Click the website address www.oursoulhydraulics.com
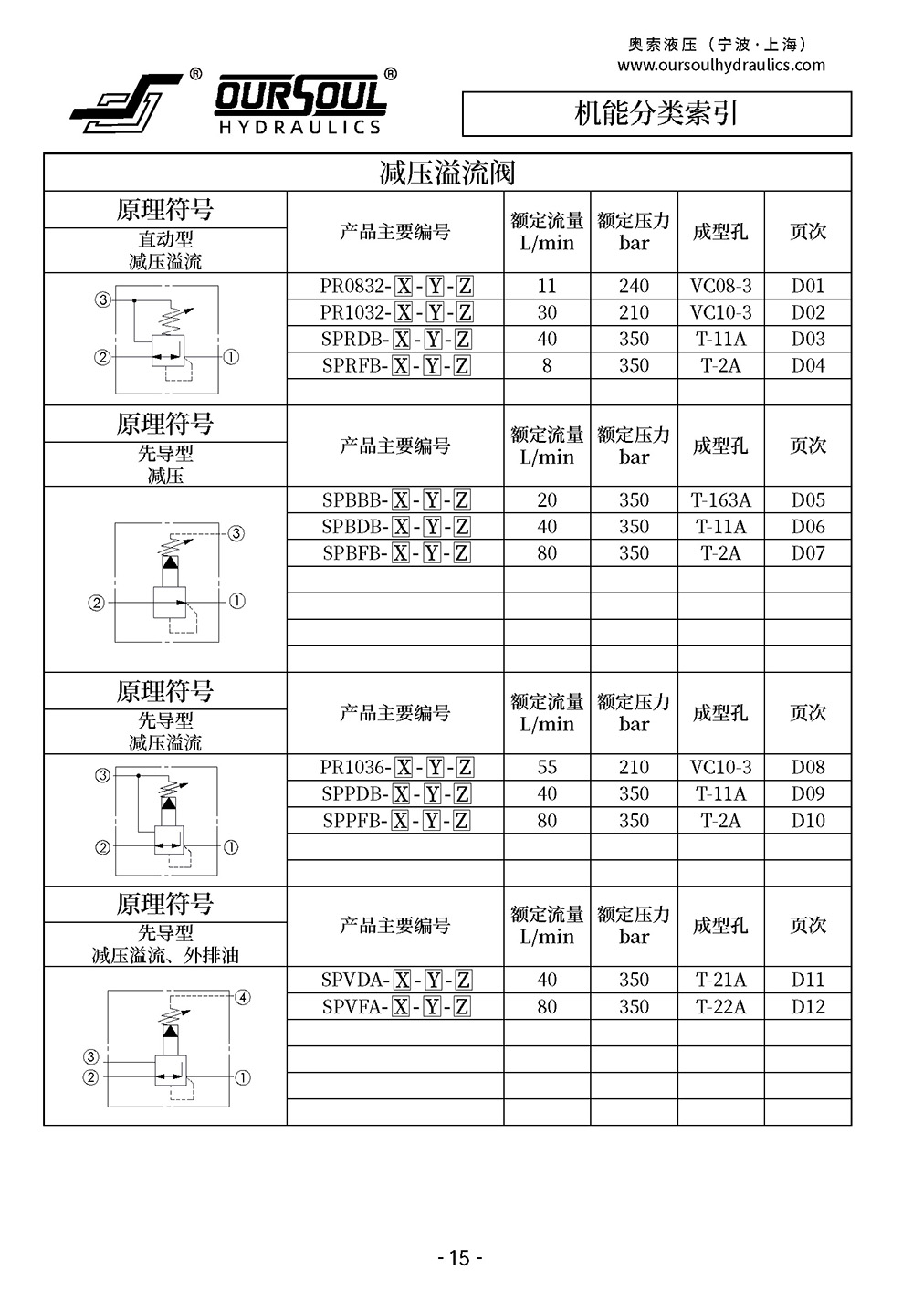720,66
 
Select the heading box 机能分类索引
656,114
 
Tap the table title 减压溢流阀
447,173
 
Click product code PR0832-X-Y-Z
395,286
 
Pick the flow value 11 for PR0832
547,286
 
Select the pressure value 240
634,286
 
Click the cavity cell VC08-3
720,286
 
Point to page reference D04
808,365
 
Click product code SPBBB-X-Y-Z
395,500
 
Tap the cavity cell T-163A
720,500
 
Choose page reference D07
808,553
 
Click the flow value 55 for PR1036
547,768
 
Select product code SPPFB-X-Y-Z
395,821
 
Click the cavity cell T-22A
720,1007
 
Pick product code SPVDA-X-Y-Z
395,981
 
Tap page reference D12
808,1007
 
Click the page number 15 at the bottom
459,1258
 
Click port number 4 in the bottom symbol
243,997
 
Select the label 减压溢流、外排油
165,956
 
